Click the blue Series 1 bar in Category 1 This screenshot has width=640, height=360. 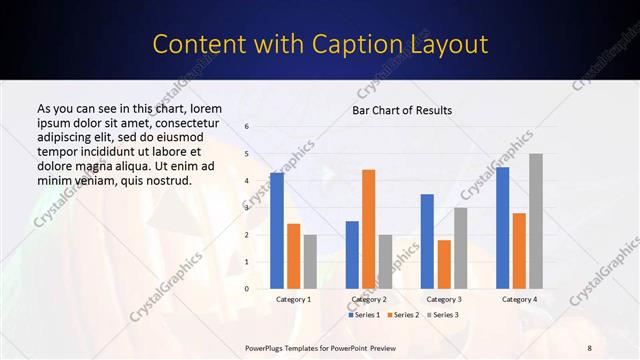277,231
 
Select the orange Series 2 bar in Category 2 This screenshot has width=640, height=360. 369,229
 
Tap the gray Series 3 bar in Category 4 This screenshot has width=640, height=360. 536,221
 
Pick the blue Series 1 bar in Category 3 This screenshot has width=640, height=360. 427,241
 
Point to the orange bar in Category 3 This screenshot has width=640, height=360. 444,264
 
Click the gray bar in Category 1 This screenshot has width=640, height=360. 310,262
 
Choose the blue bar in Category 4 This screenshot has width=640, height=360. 502,228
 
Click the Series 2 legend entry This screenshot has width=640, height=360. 403,315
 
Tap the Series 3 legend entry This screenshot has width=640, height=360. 441,315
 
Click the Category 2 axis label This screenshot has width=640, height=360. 369,299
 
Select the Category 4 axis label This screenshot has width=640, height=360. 519,299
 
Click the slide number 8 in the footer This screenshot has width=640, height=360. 589,347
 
